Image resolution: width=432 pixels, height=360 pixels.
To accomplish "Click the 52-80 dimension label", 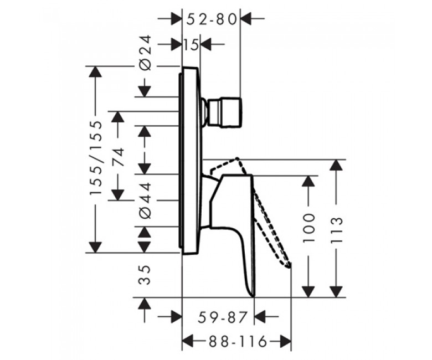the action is pyautogui.click(x=212, y=19).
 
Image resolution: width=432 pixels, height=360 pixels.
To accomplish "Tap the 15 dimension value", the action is pyautogui.click(x=191, y=45).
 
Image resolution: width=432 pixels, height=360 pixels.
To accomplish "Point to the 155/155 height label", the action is pyautogui.click(x=96, y=158).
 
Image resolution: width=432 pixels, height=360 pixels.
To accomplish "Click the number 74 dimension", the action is pyautogui.click(x=118, y=157).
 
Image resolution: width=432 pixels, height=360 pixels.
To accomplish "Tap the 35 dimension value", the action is pyautogui.click(x=145, y=275).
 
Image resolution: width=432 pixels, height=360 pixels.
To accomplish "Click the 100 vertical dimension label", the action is pyautogui.click(x=308, y=228).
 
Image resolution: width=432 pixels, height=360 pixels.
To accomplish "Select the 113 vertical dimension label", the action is pyautogui.click(x=336, y=230).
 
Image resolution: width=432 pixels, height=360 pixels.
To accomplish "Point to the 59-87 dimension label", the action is pyautogui.click(x=222, y=317).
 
